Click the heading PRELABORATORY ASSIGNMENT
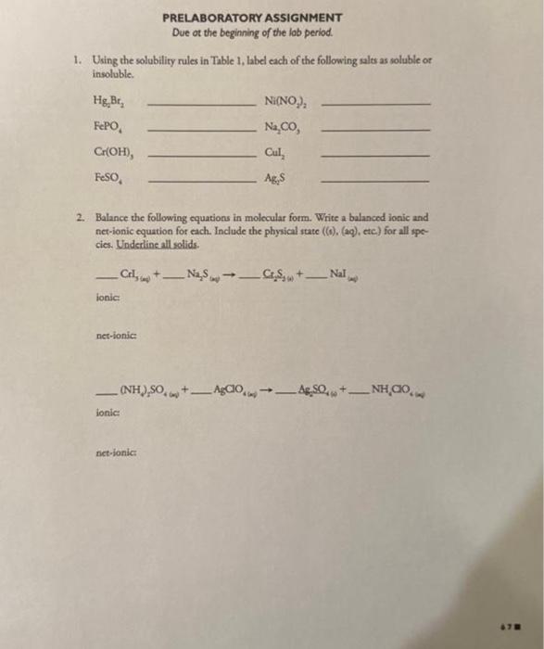[252, 18]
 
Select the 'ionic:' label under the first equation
[106, 297]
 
